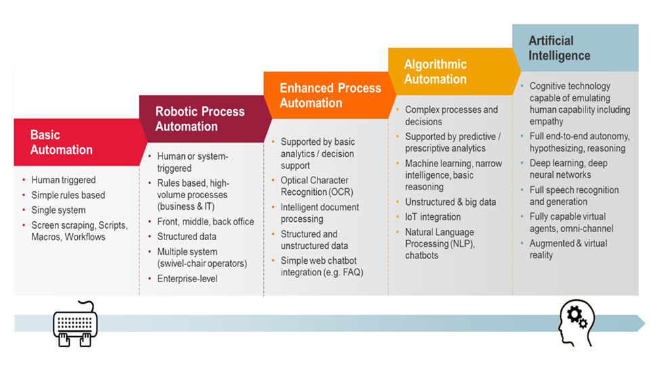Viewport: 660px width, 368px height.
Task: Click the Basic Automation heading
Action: coord(61,142)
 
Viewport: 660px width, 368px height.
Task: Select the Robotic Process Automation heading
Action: coord(200,119)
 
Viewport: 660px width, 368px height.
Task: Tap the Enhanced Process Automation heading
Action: coord(330,95)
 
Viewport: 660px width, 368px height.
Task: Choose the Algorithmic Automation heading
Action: coord(435,72)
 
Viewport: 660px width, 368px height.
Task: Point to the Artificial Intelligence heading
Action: coord(559,48)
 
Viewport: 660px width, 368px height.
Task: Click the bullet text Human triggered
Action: coord(64,180)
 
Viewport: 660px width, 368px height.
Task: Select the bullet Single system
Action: coord(58,210)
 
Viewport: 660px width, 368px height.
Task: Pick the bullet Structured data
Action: coord(187,237)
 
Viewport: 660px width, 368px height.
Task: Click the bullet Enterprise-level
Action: coord(188,279)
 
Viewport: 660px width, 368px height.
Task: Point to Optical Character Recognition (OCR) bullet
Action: coord(315,187)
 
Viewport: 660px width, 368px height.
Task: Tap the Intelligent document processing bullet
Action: coord(320,213)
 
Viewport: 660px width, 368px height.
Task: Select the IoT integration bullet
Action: coord(433,216)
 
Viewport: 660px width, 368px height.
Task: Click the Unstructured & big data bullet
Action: coord(450,202)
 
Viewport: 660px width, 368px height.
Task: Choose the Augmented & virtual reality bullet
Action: coord(568,249)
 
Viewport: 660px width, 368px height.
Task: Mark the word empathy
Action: coord(546,122)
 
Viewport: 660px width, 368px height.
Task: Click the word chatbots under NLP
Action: coord(422,256)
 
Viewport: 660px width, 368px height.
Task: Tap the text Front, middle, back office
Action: coord(206,222)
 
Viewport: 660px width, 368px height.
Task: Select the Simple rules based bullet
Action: coord(68,195)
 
